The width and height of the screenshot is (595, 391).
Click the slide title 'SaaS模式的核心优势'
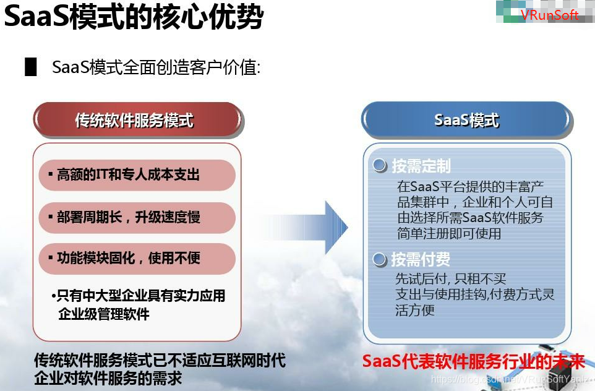click(x=134, y=17)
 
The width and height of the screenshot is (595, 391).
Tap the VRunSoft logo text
click(x=549, y=15)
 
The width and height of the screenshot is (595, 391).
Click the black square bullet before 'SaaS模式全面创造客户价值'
click(x=31, y=67)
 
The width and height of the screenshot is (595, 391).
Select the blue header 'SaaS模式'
click(x=466, y=119)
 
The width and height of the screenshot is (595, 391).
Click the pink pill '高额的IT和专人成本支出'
click(x=137, y=175)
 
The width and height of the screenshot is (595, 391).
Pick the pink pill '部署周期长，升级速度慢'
click(x=137, y=217)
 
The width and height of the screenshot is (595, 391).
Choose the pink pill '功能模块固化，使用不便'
click(x=137, y=258)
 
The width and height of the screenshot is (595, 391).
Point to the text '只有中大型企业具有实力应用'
click(x=140, y=296)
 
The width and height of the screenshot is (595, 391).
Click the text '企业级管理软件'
click(x=104, y=314)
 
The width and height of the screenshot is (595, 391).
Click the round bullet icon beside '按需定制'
click(x=379, y=166)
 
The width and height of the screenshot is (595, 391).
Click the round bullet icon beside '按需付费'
click(x=379, y=259)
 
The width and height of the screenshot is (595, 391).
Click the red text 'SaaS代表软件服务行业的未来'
click(x=473, y=361)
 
